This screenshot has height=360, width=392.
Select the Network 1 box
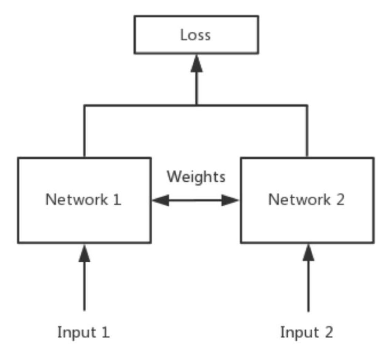click(x=84, y=221)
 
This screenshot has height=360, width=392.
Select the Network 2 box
click(x=306, y=221)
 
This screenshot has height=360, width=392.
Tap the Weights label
click(x=196, y=177)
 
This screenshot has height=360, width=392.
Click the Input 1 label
click(x=84, y=332)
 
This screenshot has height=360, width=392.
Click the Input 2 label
click(x=306, y=332)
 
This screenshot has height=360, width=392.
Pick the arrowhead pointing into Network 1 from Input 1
click(x=84, y=253)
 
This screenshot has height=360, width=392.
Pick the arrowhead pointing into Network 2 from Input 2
click(x=308, y=253)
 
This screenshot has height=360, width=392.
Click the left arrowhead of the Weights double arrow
click(x=160, y=200)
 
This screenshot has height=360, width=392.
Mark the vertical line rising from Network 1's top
click(x=84, y=131)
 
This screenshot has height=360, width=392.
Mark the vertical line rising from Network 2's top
click(x=307, y=131)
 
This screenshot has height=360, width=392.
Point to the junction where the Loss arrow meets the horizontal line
click(x=196, y=105)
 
